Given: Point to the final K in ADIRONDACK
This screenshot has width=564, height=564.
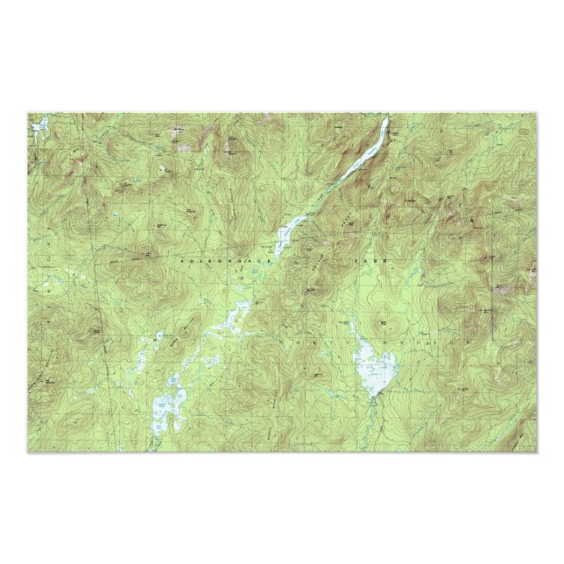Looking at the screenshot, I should click(x=272, y=261).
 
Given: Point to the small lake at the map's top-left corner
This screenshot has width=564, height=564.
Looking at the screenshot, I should click(x=37, y=130).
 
